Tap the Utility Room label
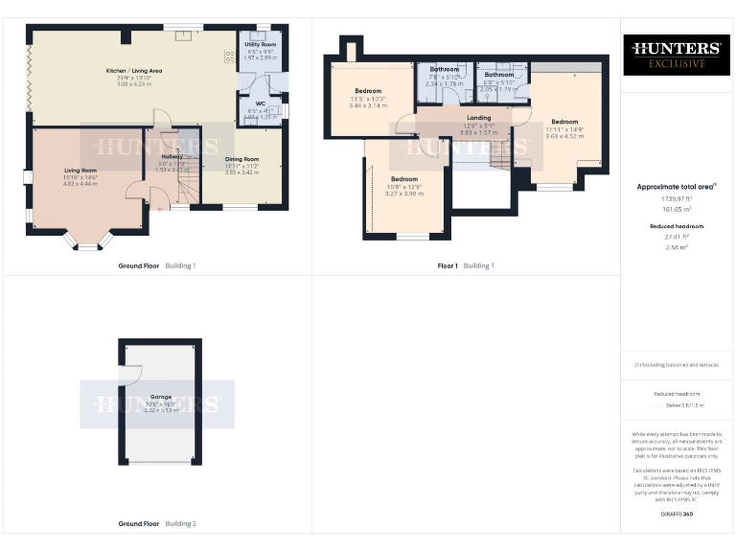coord(260,45)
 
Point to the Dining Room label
coord(241,159)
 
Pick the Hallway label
coord(172,156)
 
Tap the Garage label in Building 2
coord(159,396)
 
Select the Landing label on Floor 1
coord(478,118)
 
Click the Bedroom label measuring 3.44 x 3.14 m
coord(368,91)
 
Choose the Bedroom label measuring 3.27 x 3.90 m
coord(403,179)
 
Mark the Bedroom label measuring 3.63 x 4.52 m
coord(564,122)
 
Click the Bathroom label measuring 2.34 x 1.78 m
coord(444,70)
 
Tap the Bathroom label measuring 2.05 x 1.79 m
coord(498,75)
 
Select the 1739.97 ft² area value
coord(677,197)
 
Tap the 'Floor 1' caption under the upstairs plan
coord(447,264)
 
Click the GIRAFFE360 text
coord(677,515)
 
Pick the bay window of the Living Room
coord(87,241)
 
